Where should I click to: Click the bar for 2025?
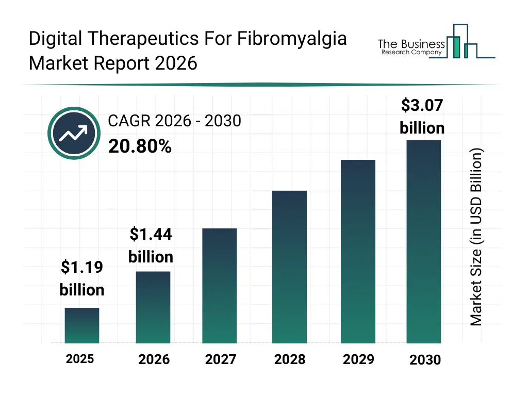click(x=82, y=325)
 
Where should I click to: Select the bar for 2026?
click(x=153, y=307)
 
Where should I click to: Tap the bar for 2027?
click(x=220, y=286)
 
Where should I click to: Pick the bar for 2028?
click(x=289, y=267)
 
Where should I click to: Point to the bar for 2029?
click(x=358, y=252)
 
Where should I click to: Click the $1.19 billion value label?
click(x=82, y=278)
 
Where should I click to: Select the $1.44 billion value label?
click(x=151, y=245)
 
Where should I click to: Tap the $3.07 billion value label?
click(x=422, y=116)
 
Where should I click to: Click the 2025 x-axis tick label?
click(x=80, y=359)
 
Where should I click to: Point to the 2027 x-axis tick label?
click(x=220, y=359)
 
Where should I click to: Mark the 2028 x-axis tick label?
click(x=289, y=359)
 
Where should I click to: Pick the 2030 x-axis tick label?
click(x=425, y=360)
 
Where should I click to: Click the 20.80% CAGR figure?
click(x=140, y=147)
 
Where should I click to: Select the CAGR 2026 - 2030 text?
click(x=174, y=121)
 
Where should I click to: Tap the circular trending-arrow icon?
click(x=74, y=134)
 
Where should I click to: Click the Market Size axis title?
click(x=476, y=237)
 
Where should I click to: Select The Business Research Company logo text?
click(x=411, y=47)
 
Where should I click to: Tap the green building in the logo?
click(x=455, y=46)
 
